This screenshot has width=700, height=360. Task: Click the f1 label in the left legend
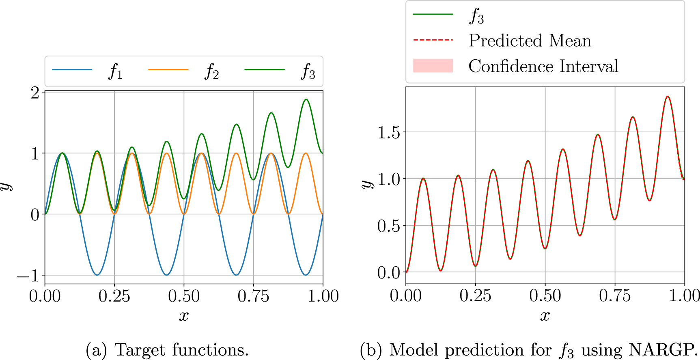115,72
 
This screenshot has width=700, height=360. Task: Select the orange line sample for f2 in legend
168,70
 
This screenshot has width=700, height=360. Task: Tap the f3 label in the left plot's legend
308,72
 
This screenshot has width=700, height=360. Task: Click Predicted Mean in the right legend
530,41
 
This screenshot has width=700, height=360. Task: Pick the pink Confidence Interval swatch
433,65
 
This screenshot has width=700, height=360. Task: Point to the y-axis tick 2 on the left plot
35,93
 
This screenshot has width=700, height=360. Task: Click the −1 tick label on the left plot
28,276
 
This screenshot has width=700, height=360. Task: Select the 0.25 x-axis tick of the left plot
114,296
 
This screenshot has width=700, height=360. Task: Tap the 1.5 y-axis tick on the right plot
389,133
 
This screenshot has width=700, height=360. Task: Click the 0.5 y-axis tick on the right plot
389,226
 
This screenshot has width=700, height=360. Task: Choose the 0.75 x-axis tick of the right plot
615,295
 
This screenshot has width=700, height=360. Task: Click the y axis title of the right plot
367,184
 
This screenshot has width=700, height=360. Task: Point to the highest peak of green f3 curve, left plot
306,99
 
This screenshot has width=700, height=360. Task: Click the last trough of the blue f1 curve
306,275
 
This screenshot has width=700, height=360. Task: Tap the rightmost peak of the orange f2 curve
306,153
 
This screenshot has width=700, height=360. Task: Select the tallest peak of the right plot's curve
668,97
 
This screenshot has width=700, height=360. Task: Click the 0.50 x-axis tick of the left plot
184,296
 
